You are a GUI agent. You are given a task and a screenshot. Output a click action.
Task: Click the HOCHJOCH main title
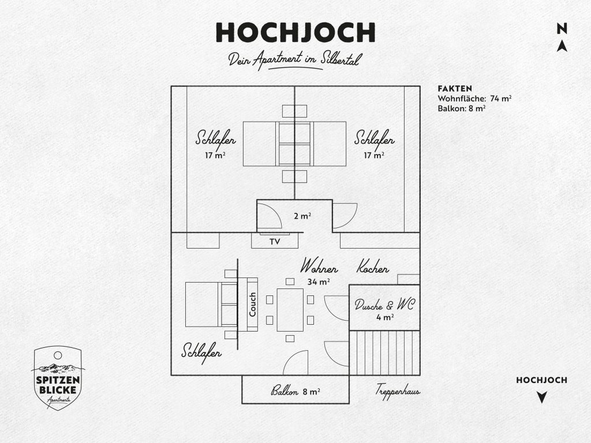pos(295,32)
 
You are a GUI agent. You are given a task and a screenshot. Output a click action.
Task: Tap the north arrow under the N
pos(562,46)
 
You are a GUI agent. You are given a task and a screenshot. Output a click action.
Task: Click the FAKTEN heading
pos(455,88)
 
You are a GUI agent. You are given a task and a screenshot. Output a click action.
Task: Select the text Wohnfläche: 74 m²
pos(474,99)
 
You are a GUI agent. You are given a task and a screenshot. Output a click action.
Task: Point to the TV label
pos(275,242)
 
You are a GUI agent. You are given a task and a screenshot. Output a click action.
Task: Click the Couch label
pos(253,305)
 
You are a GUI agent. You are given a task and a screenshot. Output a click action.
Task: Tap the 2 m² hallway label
pos(302,216)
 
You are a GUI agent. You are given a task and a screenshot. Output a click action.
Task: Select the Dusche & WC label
pos(384,305)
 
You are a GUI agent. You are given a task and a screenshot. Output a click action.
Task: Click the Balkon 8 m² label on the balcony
pos(295,392)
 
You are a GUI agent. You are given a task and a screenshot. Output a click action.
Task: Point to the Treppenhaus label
pos(398,391)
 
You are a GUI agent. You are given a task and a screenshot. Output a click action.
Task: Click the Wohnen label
pos(319,266)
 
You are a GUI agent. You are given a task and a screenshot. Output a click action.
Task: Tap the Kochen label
pos(373,266)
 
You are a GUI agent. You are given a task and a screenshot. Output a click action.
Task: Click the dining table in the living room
pos(290,310)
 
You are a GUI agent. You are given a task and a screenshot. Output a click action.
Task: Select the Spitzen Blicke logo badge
pos(58,378)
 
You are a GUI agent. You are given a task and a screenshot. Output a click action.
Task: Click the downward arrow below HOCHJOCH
pos(541,397)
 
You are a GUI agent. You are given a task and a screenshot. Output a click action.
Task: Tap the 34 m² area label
pos(319,281)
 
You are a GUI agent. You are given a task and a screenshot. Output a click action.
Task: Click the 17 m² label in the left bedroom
pos(215,155)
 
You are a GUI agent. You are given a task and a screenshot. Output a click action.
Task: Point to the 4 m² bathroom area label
pos(385,317)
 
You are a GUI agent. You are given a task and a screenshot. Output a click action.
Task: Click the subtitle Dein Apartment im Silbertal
pos(295,61)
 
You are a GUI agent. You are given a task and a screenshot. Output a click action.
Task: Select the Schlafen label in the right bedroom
pos(374,138)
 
